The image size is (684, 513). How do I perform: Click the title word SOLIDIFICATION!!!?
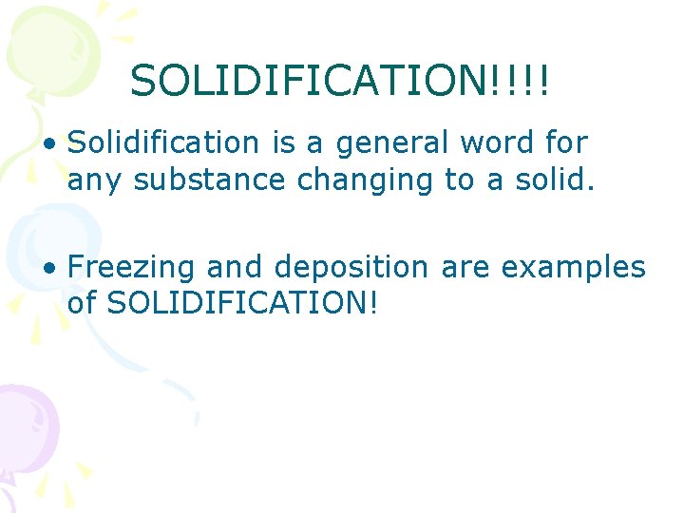(340, 81)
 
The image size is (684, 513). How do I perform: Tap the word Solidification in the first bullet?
(163, 143)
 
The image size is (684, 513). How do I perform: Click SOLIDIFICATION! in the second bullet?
(243, 304)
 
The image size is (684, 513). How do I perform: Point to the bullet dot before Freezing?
(49, 270)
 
